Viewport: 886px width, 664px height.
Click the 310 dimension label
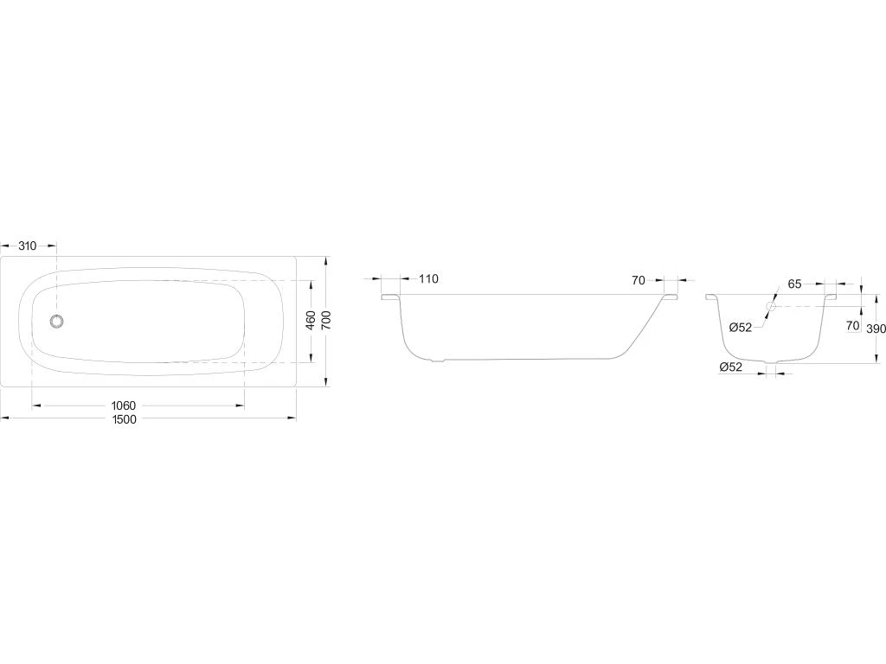(27, 246)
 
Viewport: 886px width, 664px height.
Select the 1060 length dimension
(123, 405)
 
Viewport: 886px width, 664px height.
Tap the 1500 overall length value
(125, 419)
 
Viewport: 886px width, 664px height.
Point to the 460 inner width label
(311, 320)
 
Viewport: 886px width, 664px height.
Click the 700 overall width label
(326, 320)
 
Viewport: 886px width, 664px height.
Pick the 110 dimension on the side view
(428, 279)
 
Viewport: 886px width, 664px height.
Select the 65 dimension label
(794, 284)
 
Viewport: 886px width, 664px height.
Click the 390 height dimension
(876, 329)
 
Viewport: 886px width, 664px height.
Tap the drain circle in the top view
(56, 322)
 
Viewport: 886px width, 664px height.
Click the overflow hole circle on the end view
(771, 307)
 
